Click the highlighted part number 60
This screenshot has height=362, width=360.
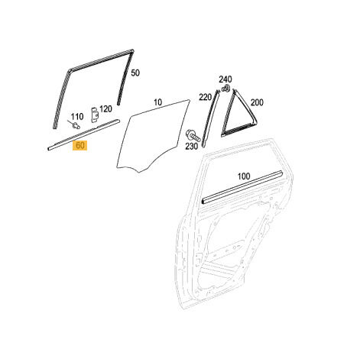[80, 146]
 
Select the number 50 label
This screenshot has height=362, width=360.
[135, 73]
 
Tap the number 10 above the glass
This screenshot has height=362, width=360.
[158, 102]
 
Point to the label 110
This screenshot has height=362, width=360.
[77, 117]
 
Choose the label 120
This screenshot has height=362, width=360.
[105, 109]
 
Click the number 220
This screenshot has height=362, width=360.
[206, 97]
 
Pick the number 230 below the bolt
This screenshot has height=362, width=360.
[191, 147]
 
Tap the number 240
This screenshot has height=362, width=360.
[225, 79]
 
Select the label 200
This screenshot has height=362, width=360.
[257, 103]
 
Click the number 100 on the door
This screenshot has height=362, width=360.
[244, 176]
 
